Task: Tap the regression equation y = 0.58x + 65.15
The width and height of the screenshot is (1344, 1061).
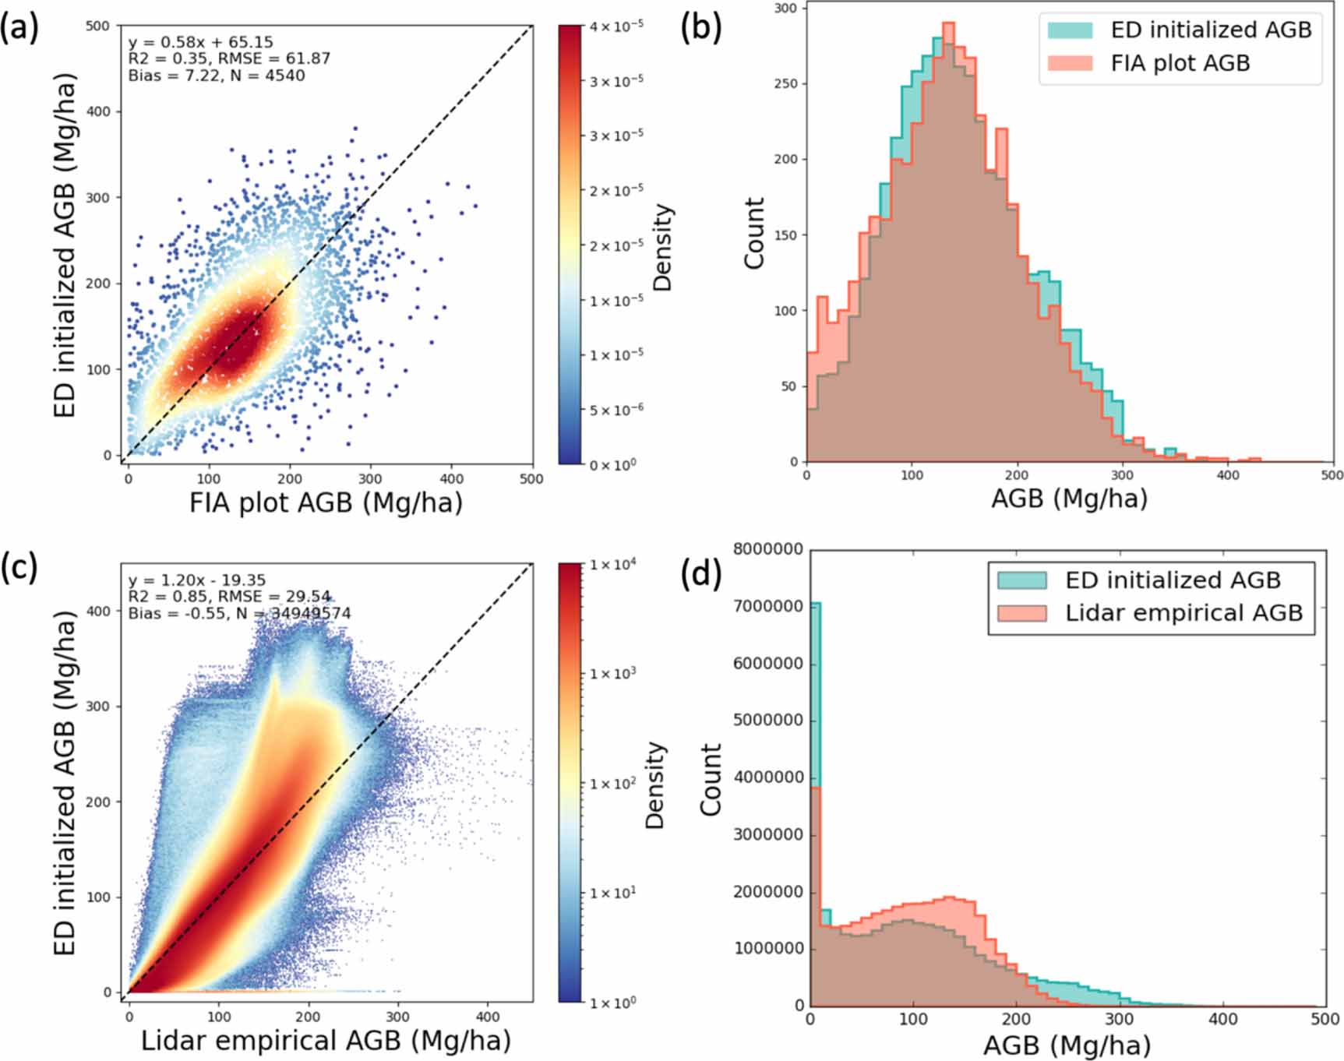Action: pyautogui.click(x=200, y=42)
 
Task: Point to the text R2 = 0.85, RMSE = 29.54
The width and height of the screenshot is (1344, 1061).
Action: pyautogui.click(x=229, y=597)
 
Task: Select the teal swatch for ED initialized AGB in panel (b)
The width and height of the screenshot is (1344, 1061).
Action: pyautogui.click(x=1070, y=30)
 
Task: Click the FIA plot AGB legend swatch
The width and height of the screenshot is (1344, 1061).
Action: pyautogui.click(x=1070, y=63)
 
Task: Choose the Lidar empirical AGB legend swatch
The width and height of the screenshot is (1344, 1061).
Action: pyautogui.click(x=1021, y=613)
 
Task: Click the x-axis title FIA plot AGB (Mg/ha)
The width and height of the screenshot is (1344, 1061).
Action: pyautogui.click(x=326, y=502)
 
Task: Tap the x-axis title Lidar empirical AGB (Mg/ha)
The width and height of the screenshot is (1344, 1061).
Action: pyautogui.click(x=326, y=1040)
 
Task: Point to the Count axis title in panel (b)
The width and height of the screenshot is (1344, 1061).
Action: pyautogui.click(x=754, y=233)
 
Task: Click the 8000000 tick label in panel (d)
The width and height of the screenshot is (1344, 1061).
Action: pyautogui.click(x=767, y=549)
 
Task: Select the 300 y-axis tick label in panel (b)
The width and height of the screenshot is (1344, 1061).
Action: pyautogui.click(x=785, y=9)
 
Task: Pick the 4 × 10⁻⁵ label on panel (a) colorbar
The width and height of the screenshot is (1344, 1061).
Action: pyautogui.click(x=616, y=26)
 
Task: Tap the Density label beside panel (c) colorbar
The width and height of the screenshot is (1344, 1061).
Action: pyautogui.click(x=655, y=784)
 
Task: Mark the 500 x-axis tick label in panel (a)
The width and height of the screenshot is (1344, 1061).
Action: pyautogui.click(x=531, y=479)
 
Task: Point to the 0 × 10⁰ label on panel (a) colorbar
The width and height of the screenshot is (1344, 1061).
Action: pyautogui.click(x=612, y=464)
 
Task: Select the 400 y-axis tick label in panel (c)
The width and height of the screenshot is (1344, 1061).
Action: pyautogui.click(x=98, y=612)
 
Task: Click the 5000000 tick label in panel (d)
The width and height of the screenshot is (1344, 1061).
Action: pyautogui.click(x=767, y=721)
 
